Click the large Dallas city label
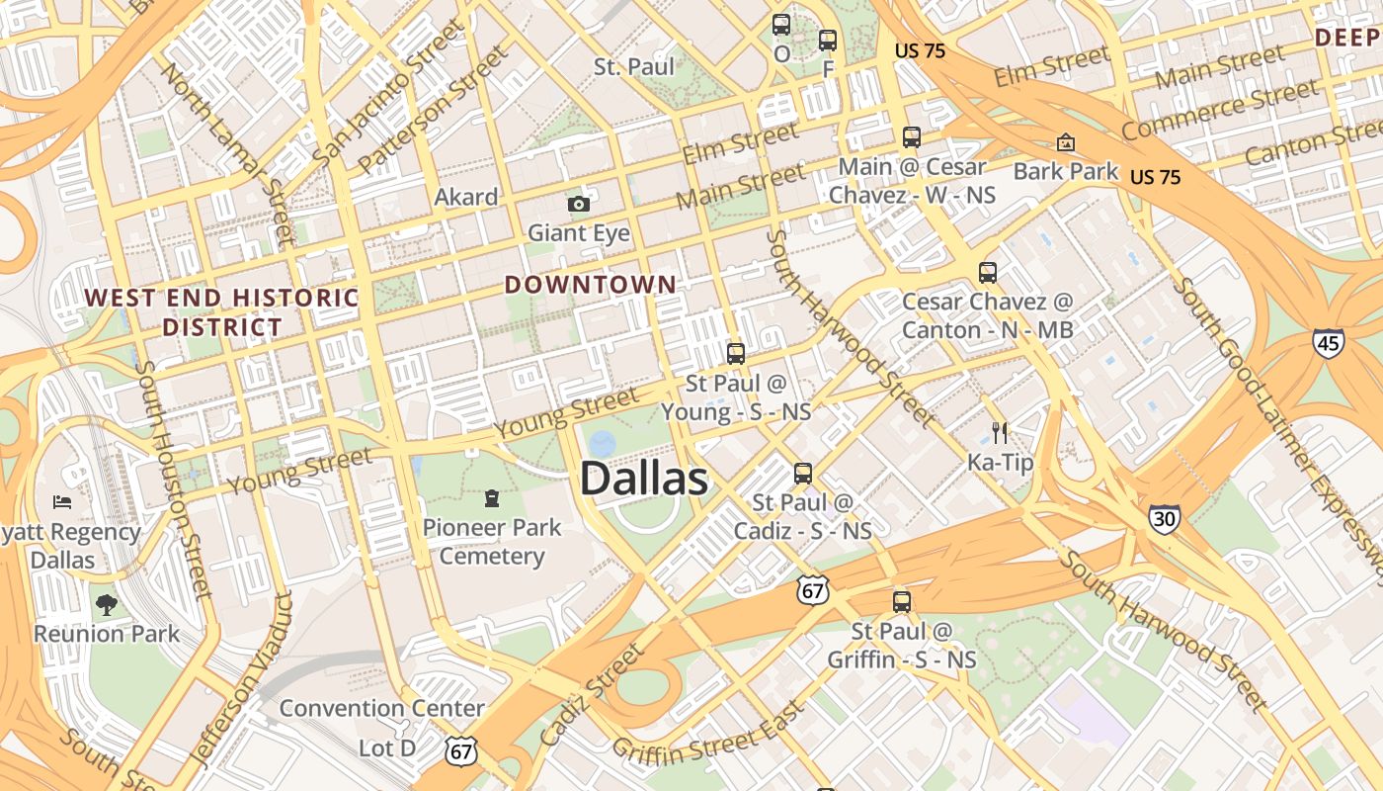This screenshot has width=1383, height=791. click(x=643, y=480)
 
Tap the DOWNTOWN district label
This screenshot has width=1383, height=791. click(x=591, y=285)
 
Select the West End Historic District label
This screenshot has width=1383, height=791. click(x=221, y=311)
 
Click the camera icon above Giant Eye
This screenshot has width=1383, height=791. click(x=579, y=205)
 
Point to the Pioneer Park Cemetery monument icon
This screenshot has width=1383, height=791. click(x=492, y=497)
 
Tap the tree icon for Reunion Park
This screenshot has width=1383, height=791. click(x=107, y=604)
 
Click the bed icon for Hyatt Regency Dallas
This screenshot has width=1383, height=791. click(x=62, y=502)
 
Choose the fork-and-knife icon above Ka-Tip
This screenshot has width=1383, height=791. click(x=1000, y=432)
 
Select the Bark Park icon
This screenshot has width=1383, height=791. click(x=1065, y=143)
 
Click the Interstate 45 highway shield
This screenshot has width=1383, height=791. click(x=1328, y=342)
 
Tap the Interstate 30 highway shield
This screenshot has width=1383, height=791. click(x=1164, y=518)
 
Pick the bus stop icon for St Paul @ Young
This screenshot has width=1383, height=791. click(x=736, y=354)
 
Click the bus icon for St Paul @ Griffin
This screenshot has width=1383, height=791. click(x=901, y=601)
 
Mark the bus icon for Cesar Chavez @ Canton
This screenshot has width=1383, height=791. click(x=987, y=273)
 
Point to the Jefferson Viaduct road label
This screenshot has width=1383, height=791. click(x=241, y=680)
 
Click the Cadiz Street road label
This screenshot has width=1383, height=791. click(x=592, y=694)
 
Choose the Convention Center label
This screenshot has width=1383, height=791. click(x=381, y=708)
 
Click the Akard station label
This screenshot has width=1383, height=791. click(x=465, y=197)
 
